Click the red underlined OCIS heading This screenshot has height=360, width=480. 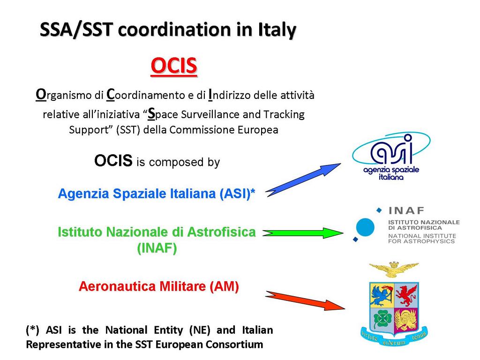pyautogui.click(x=174, y=66)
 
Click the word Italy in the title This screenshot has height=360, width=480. pyautogui.click(x=277, y=30)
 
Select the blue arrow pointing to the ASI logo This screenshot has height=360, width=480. pyautogui.click(x=303, y=180)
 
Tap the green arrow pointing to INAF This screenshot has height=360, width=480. pyautogui.click(x=303, y=233)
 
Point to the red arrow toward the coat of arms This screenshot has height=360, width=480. pyautogui.click(x=305, y=300)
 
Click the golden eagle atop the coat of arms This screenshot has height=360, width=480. pyautogui.click(x=394, y=269)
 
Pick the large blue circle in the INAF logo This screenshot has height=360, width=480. pyautogui.click(x=365, y=227)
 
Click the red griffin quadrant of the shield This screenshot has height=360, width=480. pyautogui.click(x=406, y=295)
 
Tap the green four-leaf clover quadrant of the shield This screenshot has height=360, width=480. pyautogui.click(x=382, y=320)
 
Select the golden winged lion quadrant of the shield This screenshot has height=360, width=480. pyautogui.click(x=406, y=320)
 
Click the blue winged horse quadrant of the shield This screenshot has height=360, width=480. pyautogui.click(x=382, y=295)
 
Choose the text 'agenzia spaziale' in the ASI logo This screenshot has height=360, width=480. pyautogui.click(x=391, y=170)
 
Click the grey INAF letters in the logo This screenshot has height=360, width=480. pyautogui.click(x=406, y=210)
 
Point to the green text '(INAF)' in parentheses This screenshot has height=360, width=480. pyautogui.click(x=157, y=248)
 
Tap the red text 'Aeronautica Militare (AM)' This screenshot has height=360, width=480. pyautogui.click(x=158, y=286)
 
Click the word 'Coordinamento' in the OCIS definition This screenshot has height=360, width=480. pyautogui.click(x=146, y=95)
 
